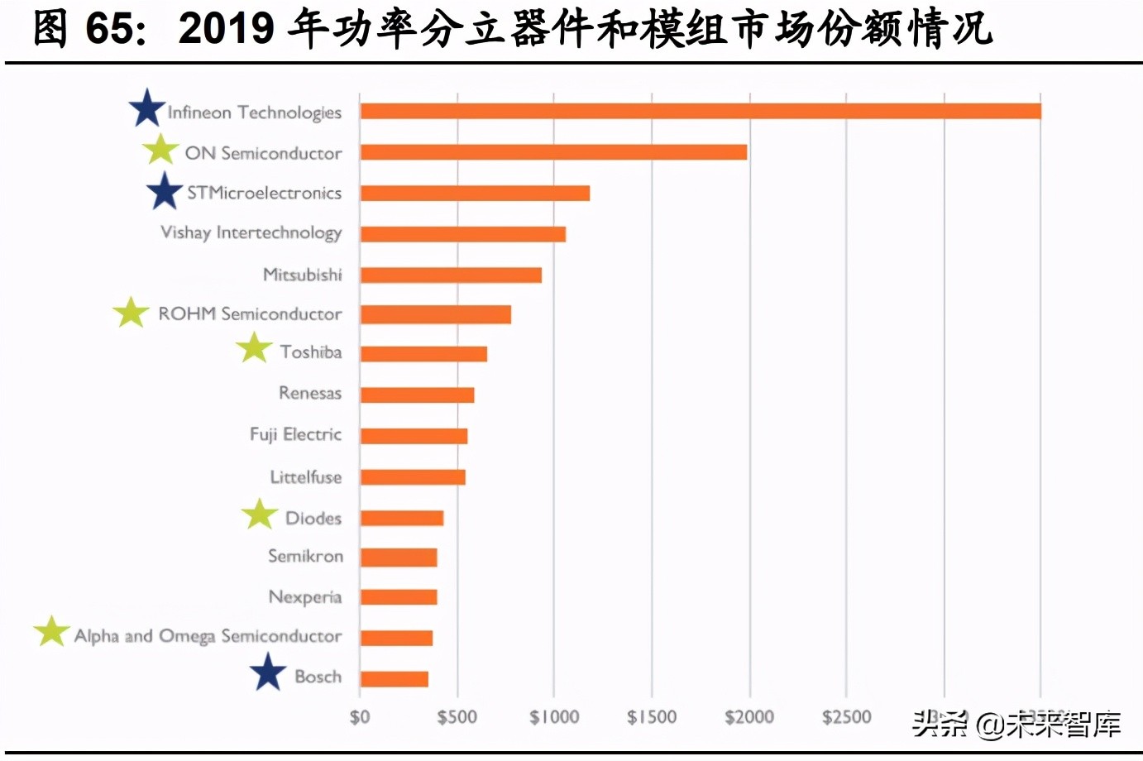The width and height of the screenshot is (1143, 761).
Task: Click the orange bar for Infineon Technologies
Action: tap(700, 111)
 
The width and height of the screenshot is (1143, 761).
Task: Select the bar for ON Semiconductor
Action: tap(553, 152)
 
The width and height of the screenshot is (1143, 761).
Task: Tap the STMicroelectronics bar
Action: tap(475, 193)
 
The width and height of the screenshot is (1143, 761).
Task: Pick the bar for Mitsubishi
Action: tap(451, 275)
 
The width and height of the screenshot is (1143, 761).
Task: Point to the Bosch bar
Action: tap(394, 679)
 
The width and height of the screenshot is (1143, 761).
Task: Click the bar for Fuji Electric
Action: tap(414, 436)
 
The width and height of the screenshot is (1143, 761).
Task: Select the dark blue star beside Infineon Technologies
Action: tap(147, 108)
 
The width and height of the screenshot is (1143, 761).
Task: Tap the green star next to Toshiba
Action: tap(254, 348)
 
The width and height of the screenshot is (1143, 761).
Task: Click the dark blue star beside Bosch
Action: tap(268, 672)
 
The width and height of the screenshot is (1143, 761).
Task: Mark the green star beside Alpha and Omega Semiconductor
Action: tap(51, 631)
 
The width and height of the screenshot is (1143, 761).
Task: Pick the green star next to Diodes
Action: tap(260, 514)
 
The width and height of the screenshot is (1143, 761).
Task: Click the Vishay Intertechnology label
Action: tap(251, 233)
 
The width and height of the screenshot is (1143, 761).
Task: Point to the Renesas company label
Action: tap(309, 393)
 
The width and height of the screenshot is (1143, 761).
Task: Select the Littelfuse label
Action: tap(305, 477)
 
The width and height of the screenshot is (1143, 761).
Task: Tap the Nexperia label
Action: tap(304, 597)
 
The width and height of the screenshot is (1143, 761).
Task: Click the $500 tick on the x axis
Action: tap(457, 716)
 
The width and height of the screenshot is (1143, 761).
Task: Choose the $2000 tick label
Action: tap(749, 716)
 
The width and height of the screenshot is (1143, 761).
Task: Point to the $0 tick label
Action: tap(360, 716)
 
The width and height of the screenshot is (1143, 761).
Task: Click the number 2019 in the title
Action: tap(226, 29)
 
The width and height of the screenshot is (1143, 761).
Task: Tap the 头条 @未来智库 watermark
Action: tap(1016, 724)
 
